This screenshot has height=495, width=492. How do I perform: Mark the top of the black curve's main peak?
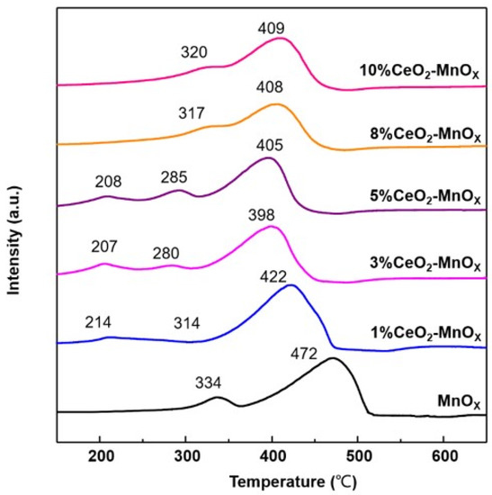[x=333, y=358]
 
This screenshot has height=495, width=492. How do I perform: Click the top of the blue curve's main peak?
[x=290, y=285]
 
